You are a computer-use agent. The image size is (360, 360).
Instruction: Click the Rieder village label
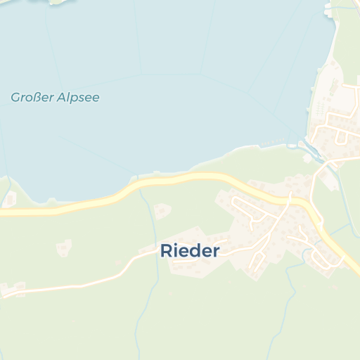190,250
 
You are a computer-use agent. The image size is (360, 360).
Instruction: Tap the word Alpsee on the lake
77,97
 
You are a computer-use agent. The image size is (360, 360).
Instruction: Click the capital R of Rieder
166,250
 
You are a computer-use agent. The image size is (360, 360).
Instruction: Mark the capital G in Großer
15,97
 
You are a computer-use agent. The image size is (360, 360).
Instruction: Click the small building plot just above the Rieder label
163,210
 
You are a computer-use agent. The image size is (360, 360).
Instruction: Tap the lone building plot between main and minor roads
64,247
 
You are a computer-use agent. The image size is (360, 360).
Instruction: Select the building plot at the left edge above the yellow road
10,200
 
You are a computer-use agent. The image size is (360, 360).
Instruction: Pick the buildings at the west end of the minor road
13,289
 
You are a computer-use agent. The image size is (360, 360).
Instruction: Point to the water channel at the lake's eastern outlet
307,147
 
